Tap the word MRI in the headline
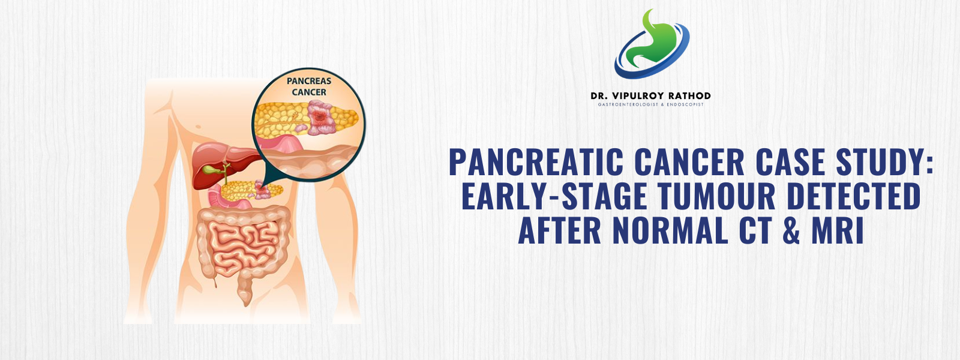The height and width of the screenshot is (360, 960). click(838, 230)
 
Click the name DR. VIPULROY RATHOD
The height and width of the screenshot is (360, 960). click(650, 96)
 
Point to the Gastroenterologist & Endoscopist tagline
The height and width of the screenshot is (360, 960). click(650, 105)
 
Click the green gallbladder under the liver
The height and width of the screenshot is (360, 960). click(212, 170)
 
